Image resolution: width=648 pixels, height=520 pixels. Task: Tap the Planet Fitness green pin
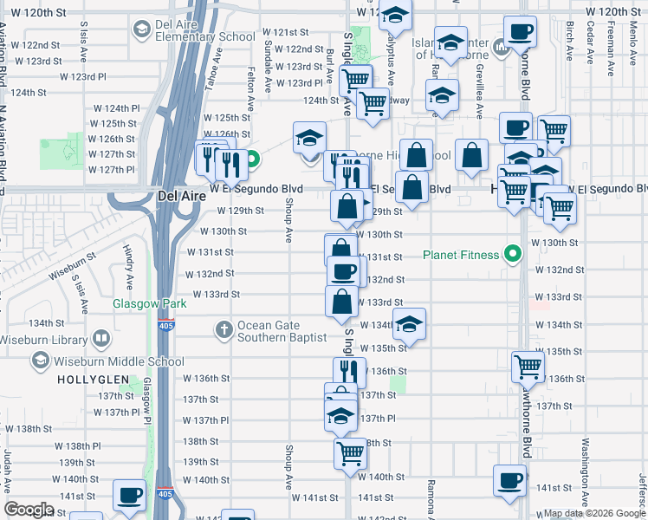[x=513, y=255]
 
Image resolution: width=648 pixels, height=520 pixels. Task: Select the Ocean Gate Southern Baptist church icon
[x=224, y=328]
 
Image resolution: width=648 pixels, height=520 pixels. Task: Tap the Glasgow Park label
[x=138, y=304]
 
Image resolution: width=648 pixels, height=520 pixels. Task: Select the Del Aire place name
[x=181, y=196]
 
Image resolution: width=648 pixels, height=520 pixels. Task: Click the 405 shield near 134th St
[x=165, y=326]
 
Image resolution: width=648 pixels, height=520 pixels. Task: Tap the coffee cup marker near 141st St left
[x=129, y=496]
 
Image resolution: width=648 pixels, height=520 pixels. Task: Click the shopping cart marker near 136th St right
[x=528, y=366]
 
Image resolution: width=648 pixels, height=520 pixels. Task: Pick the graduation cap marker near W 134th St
[x=410, y=325]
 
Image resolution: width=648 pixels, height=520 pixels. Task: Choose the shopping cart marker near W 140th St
[x=350, y=452]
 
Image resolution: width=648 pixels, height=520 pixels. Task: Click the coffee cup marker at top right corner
[x=521, y=32]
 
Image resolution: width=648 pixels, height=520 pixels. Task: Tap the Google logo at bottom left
[x=29, y=510]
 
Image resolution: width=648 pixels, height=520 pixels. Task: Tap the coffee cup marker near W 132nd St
[x=343, y=270]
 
